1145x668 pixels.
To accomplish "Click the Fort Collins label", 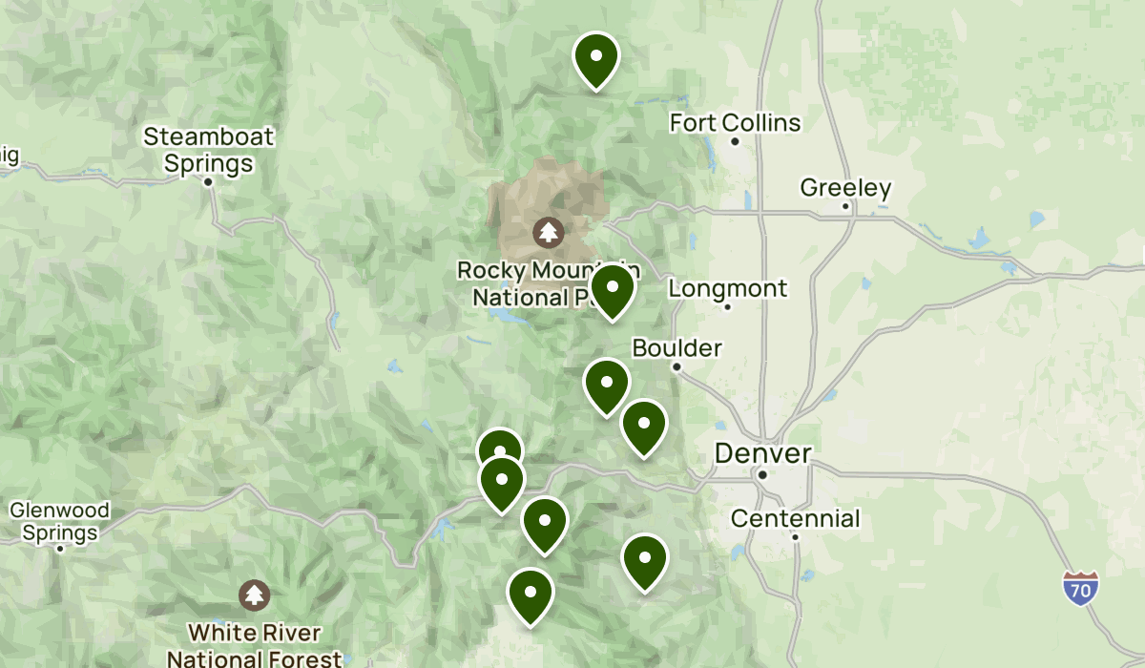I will tap(735, 123).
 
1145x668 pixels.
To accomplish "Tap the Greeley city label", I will tap(845, 188).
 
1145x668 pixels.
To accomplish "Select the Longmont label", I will tap(728, 288).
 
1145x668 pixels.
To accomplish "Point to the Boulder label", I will tap(677, 348).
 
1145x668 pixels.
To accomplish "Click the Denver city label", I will tap(763, 453).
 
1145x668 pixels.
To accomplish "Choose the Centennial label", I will tap(795, 518).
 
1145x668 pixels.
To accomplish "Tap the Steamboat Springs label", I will tap(208, 150).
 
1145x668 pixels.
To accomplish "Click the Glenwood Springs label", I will tap(59, 521).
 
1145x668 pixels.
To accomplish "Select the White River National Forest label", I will tap(254, 645).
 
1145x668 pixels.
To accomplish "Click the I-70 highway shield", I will tap(1081, 587).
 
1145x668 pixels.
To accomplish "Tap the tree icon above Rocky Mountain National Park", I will tap(548, 231).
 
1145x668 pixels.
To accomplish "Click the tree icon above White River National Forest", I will tap(254, 595).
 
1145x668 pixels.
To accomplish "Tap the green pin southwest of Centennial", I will tap(645, 559).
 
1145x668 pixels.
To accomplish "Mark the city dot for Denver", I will tap(763, 473).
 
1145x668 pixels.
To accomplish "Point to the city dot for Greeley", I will tap(845, 206).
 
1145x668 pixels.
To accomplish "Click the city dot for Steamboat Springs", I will tap(208, 181).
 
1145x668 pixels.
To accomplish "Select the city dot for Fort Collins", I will tap(735, 141).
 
